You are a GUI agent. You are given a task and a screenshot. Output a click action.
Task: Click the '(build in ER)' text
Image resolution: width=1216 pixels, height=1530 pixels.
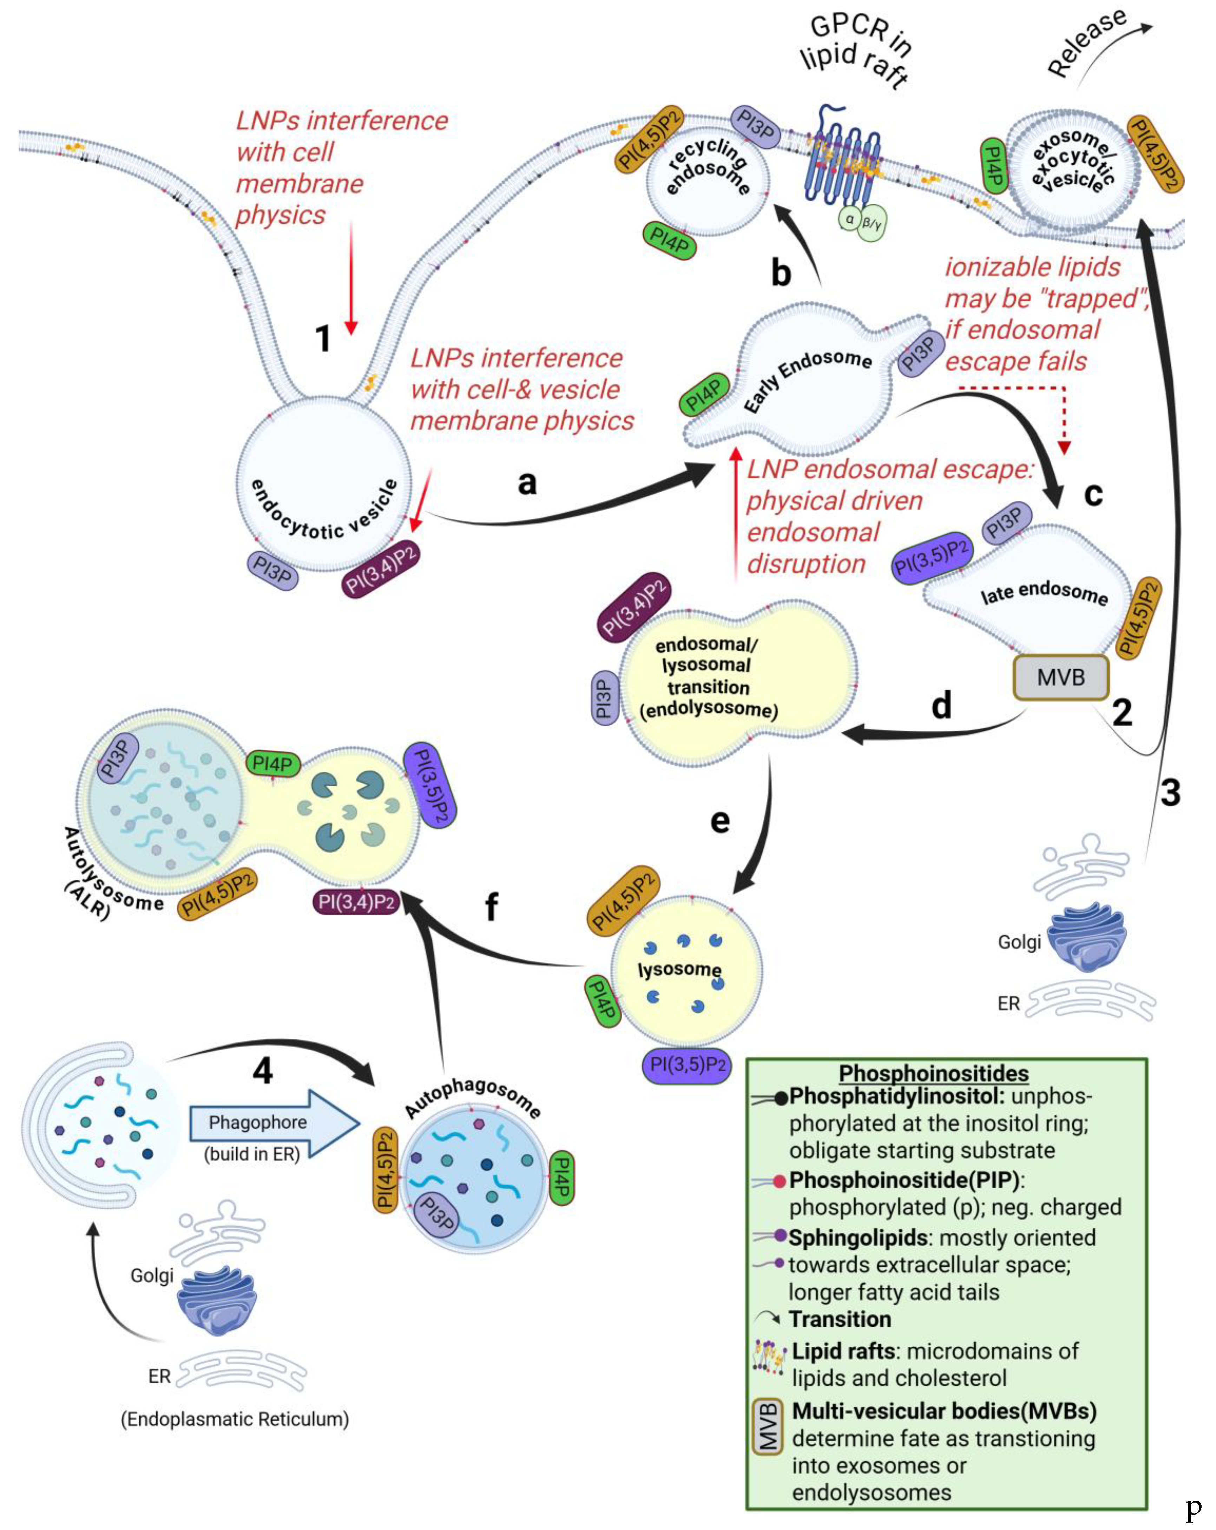point(252,1154)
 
